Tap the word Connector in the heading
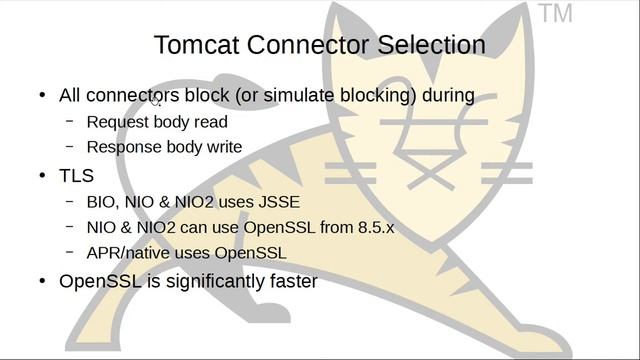click(x=309, y=45)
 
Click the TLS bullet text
click(x=77, y=176)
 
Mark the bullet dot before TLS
click(x=42, y=176)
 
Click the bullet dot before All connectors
click(x=42, y=96)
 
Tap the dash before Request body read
click(x=70, y=121)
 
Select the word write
click(x=222, y=147)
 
